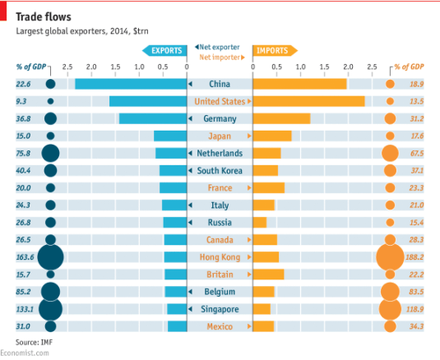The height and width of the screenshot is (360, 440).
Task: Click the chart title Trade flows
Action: tap(43, 16)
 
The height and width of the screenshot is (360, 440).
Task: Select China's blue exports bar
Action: tap(131, 84)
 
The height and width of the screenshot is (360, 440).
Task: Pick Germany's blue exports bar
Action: tap(153, 118)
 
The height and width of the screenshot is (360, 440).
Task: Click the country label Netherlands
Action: tap(220, 153)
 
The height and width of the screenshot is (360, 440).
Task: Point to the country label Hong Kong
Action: tap(220, 257)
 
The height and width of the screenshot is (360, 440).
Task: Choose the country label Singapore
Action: tap(220, 309)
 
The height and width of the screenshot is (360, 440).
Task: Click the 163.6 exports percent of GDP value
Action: tap(23, 257)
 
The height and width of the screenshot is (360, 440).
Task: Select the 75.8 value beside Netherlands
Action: tap(23, 153)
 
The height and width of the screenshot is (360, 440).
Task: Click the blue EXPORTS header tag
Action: tap(165, 51)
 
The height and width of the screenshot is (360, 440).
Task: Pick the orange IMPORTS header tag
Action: tap(273, 51)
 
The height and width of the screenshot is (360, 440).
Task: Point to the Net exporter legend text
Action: tap(219, 47)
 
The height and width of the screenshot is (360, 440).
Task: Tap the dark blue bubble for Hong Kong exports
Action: tap(50, 257)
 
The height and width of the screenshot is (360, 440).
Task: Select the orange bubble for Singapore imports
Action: tap(390, 309)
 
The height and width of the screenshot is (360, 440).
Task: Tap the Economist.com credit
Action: tap(25, 353)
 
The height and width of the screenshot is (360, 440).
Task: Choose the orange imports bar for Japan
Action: tap(272, 136)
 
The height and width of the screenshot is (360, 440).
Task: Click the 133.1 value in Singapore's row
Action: tap(23, 309)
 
